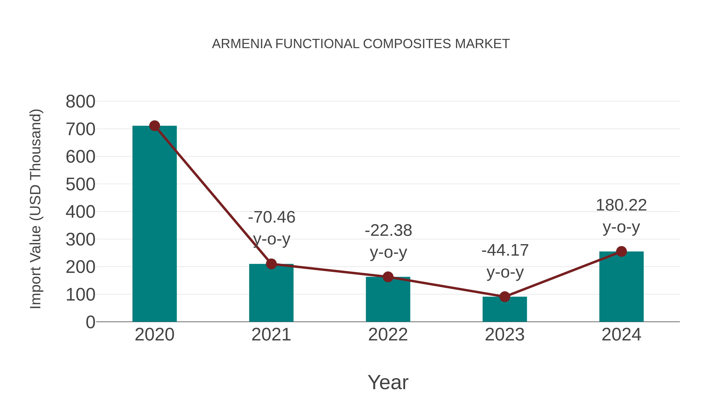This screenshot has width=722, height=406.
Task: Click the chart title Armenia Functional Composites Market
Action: tap(361, 44)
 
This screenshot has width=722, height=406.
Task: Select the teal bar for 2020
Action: tap(154, 224)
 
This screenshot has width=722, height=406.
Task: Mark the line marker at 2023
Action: tap(505, 297)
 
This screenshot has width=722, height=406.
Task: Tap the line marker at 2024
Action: tap(621, 252)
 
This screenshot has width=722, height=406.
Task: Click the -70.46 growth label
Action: tap(272, 217)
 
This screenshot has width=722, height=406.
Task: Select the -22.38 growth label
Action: tap(388, 231)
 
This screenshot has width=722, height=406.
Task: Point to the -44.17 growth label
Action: tap(505, 250)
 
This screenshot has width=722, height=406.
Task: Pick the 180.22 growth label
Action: tap(621, 205)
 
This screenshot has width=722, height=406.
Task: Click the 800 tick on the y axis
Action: tap(80, 101)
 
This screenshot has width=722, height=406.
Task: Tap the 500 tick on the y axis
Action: tap(80, 184)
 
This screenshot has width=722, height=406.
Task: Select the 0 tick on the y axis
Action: tap(90, 322)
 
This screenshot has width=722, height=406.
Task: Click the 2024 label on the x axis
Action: tap(621, 335)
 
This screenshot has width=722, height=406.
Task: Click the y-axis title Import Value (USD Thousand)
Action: tap(36, 209)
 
